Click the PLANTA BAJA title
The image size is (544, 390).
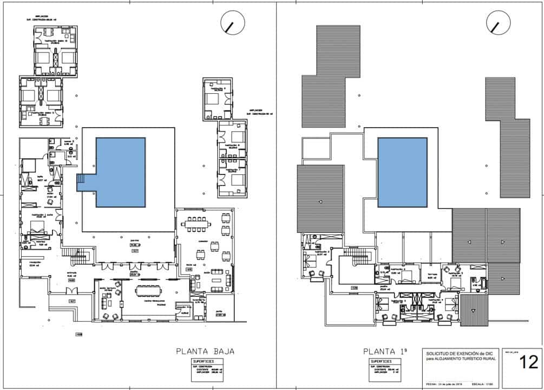(205, 351)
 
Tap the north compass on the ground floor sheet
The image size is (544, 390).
(233, 23)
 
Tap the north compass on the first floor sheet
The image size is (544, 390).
(499, 23)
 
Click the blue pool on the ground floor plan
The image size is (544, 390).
(120, 172)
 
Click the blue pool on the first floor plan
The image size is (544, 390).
(402, 172)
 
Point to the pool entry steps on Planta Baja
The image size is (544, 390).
(81, 183)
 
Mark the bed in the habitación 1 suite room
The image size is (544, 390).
(37, 226)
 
